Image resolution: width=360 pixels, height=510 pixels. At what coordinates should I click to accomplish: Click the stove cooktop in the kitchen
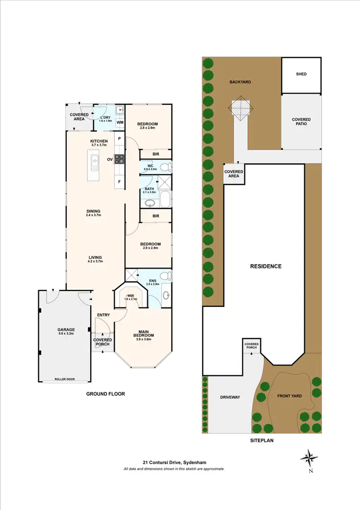pos(120,159)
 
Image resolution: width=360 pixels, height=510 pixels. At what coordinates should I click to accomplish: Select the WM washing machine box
pos(120,122)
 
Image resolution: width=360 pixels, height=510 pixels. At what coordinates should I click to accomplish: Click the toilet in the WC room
pos(165,167)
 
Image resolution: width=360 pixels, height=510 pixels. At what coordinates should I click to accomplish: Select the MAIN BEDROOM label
pos(144,333)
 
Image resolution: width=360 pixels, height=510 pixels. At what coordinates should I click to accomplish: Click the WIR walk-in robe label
pos(131,296)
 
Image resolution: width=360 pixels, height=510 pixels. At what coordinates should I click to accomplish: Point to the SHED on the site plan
pos(301,74)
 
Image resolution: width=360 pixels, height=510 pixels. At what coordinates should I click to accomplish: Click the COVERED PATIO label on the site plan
pos(301,122)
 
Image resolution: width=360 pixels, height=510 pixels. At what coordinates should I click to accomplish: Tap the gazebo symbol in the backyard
pos(241,108)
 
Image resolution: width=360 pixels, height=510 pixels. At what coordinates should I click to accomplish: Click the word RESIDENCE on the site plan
pos(265,266)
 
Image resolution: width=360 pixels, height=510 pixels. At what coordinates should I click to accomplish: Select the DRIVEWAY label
pos(229,397)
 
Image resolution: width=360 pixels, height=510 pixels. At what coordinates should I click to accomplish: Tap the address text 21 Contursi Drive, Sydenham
pos(174,462)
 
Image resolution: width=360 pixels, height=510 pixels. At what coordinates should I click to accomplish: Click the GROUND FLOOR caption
pos(105,394)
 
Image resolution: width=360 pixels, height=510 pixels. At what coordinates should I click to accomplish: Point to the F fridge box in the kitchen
pos(120,182)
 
